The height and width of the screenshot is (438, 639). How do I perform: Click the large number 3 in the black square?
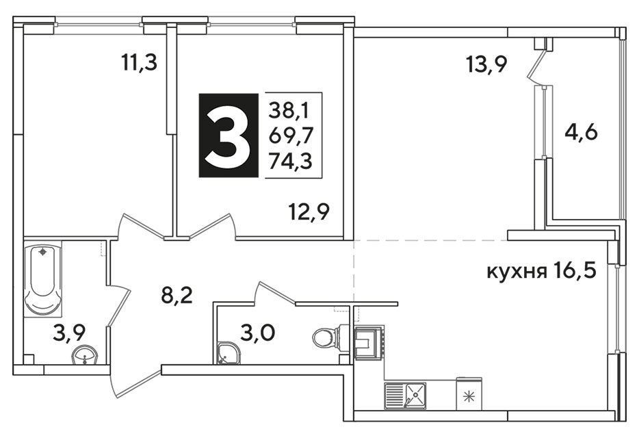click(228, 135)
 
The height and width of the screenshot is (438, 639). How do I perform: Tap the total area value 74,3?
click(290, 161)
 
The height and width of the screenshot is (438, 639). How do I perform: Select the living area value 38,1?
click(289, 110)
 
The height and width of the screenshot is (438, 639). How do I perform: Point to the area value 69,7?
click(290, 136)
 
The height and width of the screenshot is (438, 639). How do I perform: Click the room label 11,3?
click(139, 63)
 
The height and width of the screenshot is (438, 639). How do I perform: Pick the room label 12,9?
click(309, 211)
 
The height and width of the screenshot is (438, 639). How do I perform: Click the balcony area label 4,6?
click(581, 133)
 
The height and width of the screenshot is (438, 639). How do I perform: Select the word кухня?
click(517, 271)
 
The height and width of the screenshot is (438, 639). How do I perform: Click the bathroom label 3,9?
click(69, 333)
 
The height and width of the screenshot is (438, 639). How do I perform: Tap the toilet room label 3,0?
click(257, 333)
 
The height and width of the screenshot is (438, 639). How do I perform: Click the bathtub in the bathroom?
click(42, 278)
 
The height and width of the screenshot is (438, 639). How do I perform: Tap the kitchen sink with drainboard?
click(405, 396)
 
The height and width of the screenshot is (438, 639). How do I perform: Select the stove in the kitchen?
click(369, 342)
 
